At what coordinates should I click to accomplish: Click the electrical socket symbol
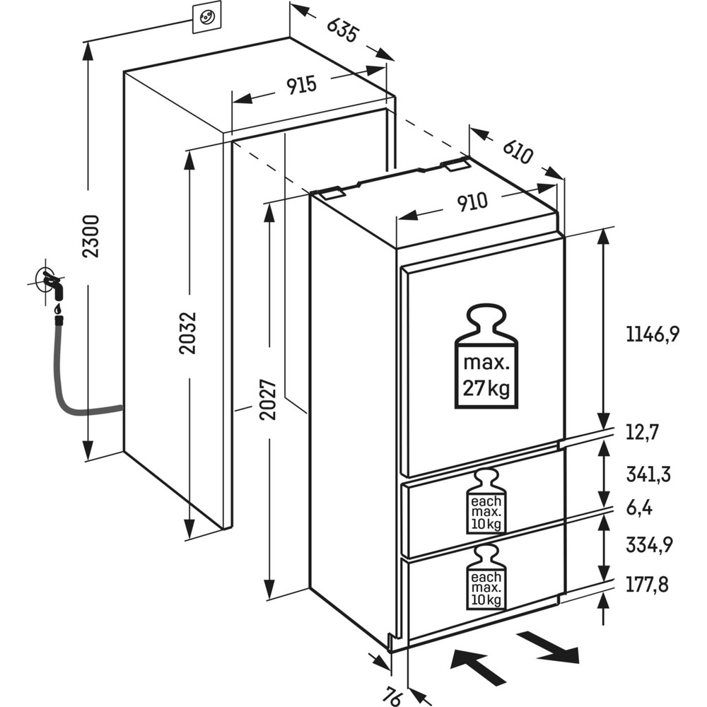pyautogui.click(x=206, y=17)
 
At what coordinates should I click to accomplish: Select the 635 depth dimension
pyautogui.click(x=343, y=30)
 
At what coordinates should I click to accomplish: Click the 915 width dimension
pyautogui.click(x=301, y=86)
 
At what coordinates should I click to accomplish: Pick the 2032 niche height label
pyautogui.click(x=189, y=332)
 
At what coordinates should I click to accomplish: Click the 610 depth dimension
pyautogui.click(x=517, y=151)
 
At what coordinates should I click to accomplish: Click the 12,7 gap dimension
pyautogui.click(x=642, y=431)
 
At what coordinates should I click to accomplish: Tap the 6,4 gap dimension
pyautogui.click(x=639, y=508)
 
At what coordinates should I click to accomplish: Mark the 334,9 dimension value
pyautogui.click(x=648, y=545)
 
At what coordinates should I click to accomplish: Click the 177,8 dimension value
pyautogui.click(x=648, y=585)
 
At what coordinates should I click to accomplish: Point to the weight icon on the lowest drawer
pyautogui.click(x=486, y=577)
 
